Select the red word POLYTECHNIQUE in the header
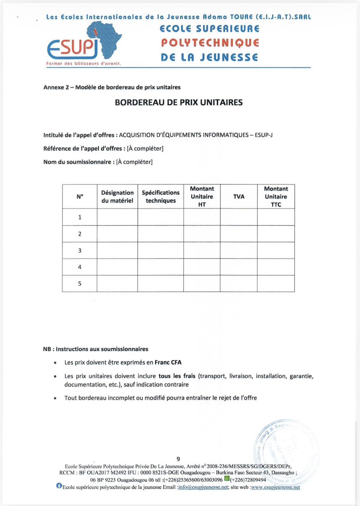coord(210,43)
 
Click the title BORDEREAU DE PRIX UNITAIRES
coord(179,103)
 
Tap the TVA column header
coord(239,197)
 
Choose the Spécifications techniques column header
coord(161,197)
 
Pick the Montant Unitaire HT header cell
coord(202,197)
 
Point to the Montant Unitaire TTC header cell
coord(276,197)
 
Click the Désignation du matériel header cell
coord(117,197)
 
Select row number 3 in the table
coord(80,251)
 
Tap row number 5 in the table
coord(80,284)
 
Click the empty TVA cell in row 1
coord(239,217)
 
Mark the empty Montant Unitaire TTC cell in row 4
coord(276,267)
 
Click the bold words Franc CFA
coord(168,363)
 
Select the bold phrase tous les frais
coord(177,376)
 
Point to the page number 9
coord(178,459)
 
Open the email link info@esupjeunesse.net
coord(203,487)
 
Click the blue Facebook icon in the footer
coord(59,486)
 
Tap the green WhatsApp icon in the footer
coord(227,479)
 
